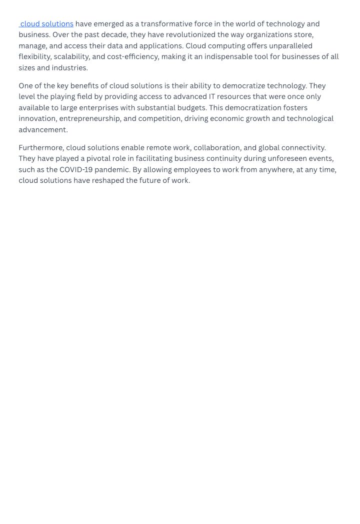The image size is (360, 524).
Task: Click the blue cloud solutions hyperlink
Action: tap(47, 24)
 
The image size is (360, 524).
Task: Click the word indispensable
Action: tap(228, 57)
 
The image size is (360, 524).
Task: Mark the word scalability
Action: tap(71, 57)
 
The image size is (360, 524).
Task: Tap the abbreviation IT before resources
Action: tap(211, 97)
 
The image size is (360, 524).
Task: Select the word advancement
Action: tap(43, 130)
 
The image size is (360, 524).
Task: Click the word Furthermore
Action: tap(41, 148)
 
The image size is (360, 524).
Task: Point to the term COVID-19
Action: tap(76, 170)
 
